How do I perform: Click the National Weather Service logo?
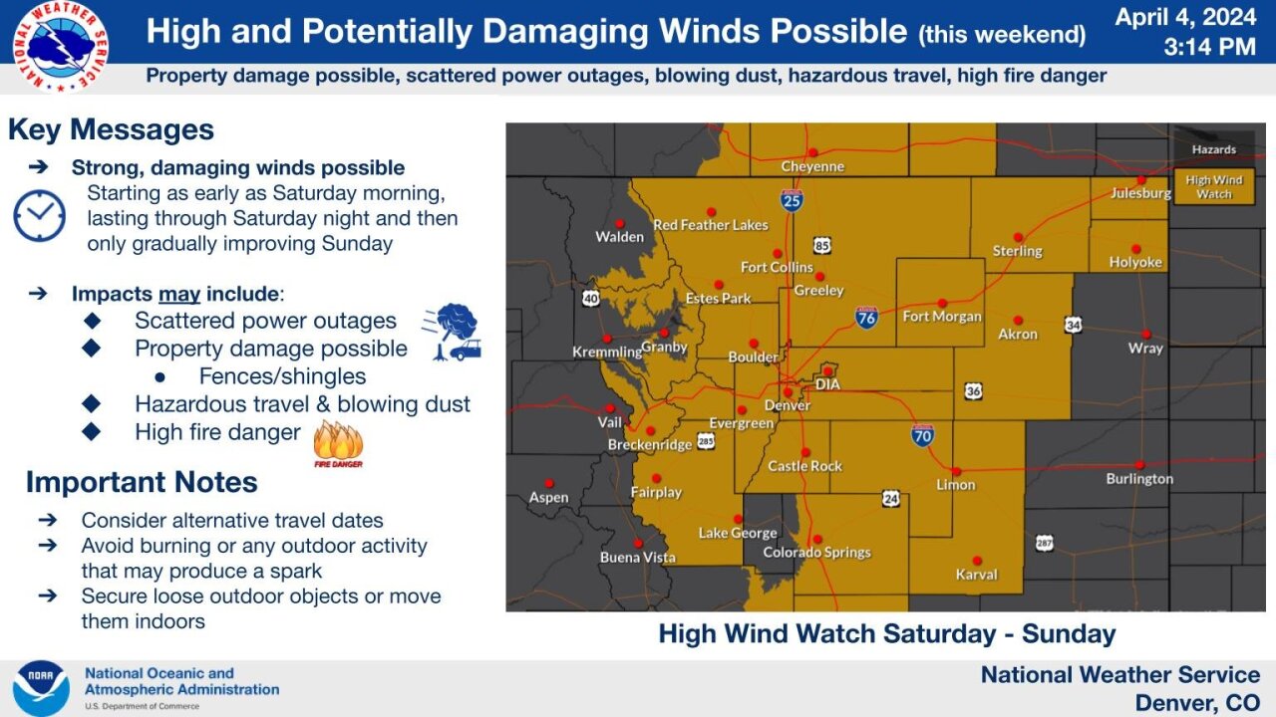61,45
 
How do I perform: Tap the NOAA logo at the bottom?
41,688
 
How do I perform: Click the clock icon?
40,216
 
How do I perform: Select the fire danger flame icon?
338,442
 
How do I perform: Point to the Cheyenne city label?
812,167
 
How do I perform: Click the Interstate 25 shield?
792,201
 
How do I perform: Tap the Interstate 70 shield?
922,434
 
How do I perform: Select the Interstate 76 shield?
866,317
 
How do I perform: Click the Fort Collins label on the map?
777,267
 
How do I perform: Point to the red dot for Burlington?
1139,464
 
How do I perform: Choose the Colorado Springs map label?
816,553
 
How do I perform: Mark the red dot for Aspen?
548,482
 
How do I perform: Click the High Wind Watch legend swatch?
1213,186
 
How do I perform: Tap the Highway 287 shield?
1044,543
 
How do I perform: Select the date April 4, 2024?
1185,17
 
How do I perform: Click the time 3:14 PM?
1209,46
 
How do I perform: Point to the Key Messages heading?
111,130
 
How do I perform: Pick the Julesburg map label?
1140,193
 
